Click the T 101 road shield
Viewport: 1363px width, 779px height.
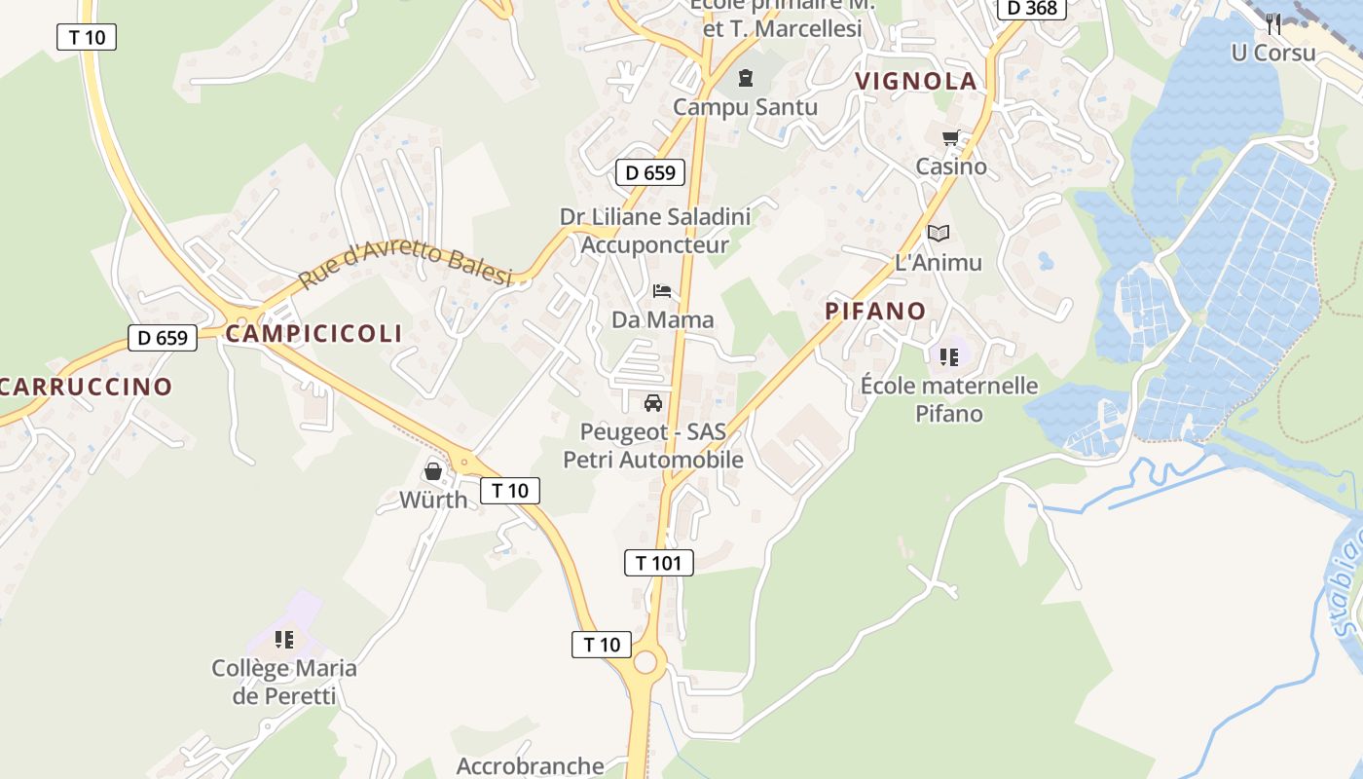(x=658, y=562)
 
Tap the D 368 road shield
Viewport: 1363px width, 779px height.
(x=1032, y=8)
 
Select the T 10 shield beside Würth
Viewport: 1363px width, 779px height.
(x=509, y=490)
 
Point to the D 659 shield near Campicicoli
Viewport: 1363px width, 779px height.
(x=163, y=338)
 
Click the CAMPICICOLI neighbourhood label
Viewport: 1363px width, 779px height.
(x=313, y=333)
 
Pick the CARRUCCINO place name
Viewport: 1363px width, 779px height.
(x=86, y=387)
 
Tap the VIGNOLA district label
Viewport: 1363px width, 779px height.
(x=915, y=81)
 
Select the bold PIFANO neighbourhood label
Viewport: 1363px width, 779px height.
(x=875, y=311)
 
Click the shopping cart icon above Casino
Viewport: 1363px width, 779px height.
(x=950, y=138)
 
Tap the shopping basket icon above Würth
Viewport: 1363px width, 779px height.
(x=433, y=472)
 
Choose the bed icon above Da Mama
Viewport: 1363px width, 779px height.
(x=662, y=291)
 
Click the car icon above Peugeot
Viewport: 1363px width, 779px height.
(x=652, y=402)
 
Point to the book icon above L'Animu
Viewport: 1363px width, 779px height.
(x=938, y=234)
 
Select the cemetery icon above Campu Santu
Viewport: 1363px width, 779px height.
(x=746, y=78)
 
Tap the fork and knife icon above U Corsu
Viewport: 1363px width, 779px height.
(x=1272, y=24)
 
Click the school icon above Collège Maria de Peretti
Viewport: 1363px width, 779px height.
(x=283, y=640)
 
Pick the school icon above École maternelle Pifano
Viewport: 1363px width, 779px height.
(x=949, y=356)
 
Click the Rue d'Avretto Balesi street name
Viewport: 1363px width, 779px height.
(x=405, y=264)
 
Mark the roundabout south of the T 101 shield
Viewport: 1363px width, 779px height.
(x=645, y=663)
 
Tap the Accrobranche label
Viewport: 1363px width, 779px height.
(x=530, y=765)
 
